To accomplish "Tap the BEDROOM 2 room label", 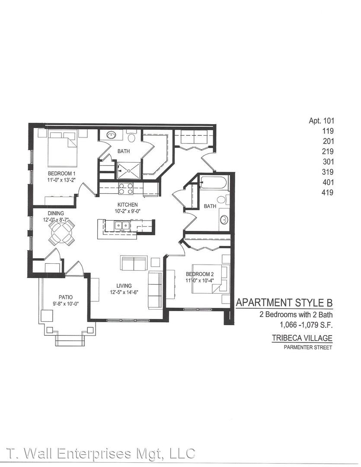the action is click(200, 274).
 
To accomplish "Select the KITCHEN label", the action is click(128, 205).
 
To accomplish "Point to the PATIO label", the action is click(66, 297).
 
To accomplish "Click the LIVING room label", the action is click(124, 286).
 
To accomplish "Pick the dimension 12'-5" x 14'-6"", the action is click(124, 292).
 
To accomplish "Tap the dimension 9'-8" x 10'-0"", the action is click(66, 304).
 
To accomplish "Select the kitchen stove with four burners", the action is click(126, 189).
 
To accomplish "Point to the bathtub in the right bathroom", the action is click(214, 182).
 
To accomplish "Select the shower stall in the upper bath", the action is click(128, 171).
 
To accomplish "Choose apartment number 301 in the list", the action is click(328, 162).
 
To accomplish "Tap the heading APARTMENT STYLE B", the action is click(284, 303).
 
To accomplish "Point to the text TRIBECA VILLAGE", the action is click(302, 338).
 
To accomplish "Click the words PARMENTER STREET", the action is click(308, 347).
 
